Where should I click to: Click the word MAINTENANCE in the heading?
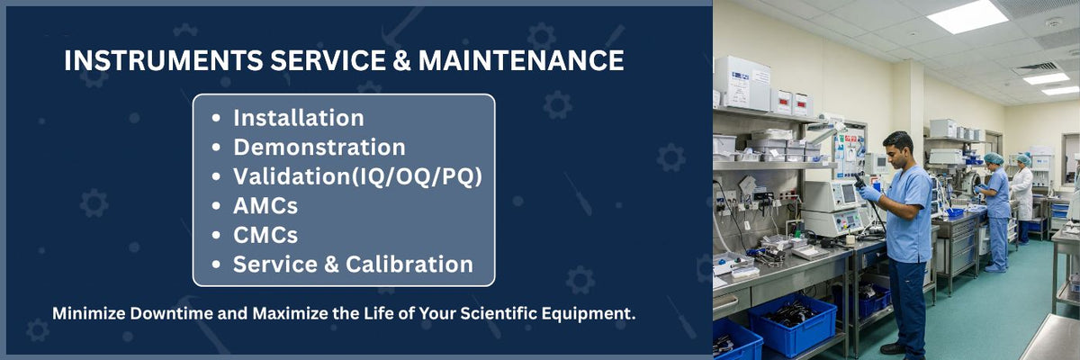(521, 60)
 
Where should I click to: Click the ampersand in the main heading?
(401, 60)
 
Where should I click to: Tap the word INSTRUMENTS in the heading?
(164, 60)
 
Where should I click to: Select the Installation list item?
(299, 118)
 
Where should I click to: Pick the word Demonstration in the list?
(319, 148)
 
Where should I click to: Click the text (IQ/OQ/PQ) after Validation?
(417, 177)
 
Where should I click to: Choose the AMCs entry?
(265, 206)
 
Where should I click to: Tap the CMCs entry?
(265, 236)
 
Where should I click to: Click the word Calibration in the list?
(409, 265)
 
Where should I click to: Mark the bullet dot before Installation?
(216, 118)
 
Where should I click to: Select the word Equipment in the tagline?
(589, 314)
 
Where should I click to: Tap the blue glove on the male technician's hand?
(869, 193)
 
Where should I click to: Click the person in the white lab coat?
(1021, 193)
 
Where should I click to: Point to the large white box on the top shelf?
(742, 84)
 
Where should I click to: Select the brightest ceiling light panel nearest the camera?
(967, 17)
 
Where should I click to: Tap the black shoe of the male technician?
(893, 348)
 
